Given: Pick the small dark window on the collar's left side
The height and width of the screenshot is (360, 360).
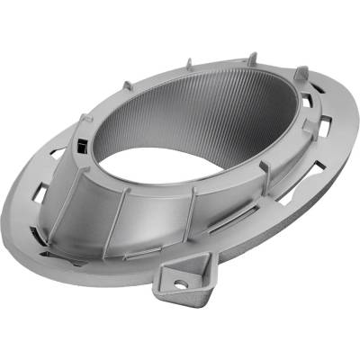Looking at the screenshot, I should tap(81, 146).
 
